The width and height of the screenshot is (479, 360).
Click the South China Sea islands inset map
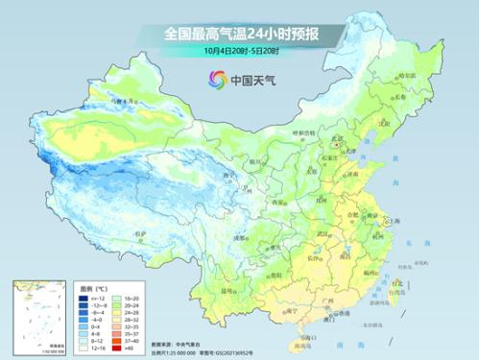[x=36, y=314]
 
